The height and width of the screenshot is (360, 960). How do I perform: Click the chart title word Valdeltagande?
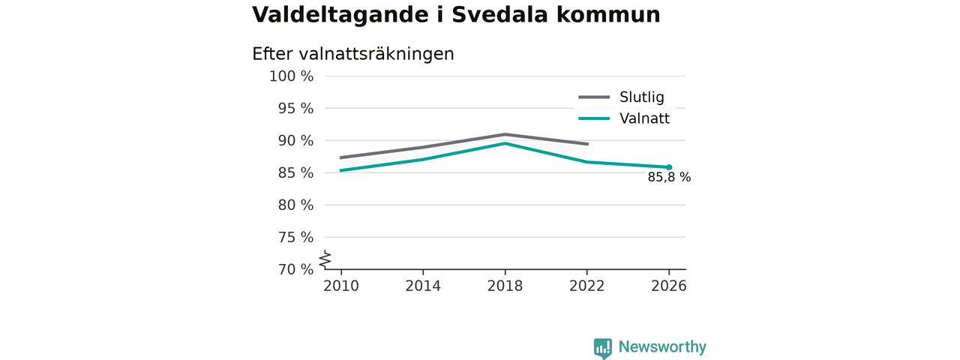point(340,16)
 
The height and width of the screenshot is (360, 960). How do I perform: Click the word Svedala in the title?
point(499,14)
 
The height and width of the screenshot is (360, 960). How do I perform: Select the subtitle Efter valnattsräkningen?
point(353,54)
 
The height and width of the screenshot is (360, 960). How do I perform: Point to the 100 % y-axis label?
point(292,76)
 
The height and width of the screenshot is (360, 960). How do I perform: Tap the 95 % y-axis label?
point(295,109)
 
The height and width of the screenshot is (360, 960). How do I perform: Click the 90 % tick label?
point(295,140)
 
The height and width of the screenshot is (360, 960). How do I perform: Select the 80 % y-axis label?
point(295,205)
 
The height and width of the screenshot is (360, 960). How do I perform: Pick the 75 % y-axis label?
point(295,237)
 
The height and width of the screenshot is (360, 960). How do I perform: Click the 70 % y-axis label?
point(295,269)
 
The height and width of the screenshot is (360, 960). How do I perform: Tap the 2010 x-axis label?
point(341,286)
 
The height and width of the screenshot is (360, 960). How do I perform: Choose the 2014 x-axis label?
point(423,286)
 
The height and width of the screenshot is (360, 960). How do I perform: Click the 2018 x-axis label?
point(505,286)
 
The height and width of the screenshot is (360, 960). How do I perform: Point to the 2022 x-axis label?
point(586,286)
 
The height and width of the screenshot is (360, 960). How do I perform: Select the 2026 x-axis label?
point(668,286)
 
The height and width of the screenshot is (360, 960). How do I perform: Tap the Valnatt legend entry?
point(624,118)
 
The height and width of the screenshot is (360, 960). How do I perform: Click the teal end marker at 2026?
point(669,167)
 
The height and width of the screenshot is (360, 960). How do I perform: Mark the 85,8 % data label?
point(669,177)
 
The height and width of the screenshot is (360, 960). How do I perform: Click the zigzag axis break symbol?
point(325,259)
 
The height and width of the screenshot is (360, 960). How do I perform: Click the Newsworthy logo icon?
point(603,349)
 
